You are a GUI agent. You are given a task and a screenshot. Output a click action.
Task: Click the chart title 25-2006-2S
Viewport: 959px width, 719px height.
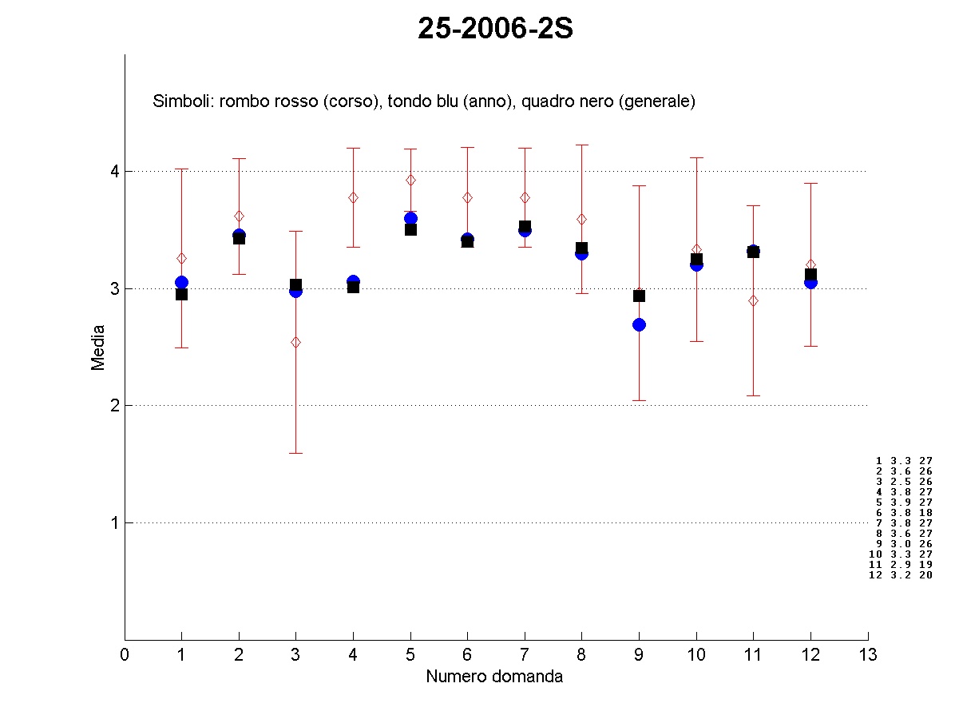pyautogui.click(x=496, y=30)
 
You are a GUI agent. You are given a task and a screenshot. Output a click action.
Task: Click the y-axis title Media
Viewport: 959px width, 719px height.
pyautogui.click(x=98, y=347)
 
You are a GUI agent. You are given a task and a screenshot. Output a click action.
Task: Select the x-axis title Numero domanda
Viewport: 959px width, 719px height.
pyautogui.click(x=494, y=677)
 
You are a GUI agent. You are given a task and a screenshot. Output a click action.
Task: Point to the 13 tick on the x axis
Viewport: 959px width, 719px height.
pyautogui.click(x=868, y=655)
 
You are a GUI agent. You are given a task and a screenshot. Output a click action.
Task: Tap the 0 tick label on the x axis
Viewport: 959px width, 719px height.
pyautogui.click(x=125, y=655)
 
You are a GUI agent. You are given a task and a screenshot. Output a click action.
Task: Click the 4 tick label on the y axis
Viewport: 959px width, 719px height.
pyautogui.click(x=114, y=171)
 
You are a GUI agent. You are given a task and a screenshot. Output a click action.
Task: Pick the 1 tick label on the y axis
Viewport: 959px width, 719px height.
pyautogui.click(x=114, y=522)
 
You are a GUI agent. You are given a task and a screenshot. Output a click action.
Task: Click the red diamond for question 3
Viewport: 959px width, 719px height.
pyautogui.click(x=295, y=342)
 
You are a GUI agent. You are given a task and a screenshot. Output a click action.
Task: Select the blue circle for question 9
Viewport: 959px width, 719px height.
pyautogui.click(x=639, y=324)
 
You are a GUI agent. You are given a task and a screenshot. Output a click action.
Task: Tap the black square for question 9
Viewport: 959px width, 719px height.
pyautogui.click(x=639, y=296)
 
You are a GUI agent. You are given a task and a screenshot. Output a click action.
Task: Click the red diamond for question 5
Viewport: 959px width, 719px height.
pyautogui.click(x=410, y=180)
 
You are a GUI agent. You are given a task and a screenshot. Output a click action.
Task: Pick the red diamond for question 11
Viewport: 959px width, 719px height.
pyautogui.click(x=753, y=300)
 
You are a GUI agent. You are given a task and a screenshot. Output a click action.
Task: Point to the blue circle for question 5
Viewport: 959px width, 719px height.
pyautogui.click(x=410, y=218)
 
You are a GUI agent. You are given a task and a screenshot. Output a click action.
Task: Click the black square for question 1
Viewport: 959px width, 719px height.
pyautogui.click(x=181, y=294)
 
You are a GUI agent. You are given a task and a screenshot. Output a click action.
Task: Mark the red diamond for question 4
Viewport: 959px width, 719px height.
pyautogui.click(x=353, y=197)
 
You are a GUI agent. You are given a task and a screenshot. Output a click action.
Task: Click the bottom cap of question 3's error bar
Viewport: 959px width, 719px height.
pyautogui.click(x=295, y=453)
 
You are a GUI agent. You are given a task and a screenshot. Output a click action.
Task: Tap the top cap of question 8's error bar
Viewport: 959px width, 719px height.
pyautogui.click(x=582, y=145)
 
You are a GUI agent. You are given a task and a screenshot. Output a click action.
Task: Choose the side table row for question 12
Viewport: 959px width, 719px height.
pyautogui.click(x=901, y=574)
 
